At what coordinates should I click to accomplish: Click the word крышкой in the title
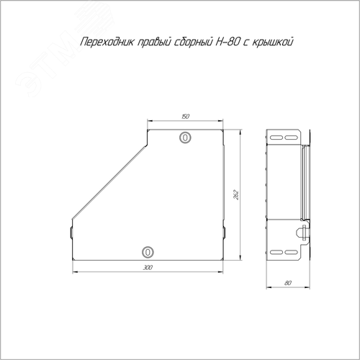coord(273,42)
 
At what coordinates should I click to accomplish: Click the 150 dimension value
coord(185,117)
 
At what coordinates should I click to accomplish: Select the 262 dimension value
coord(236,195)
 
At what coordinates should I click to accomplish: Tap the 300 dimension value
coord(148,267)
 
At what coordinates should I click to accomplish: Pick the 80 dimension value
coord(288,283)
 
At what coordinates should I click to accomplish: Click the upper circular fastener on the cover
coord(185,138)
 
